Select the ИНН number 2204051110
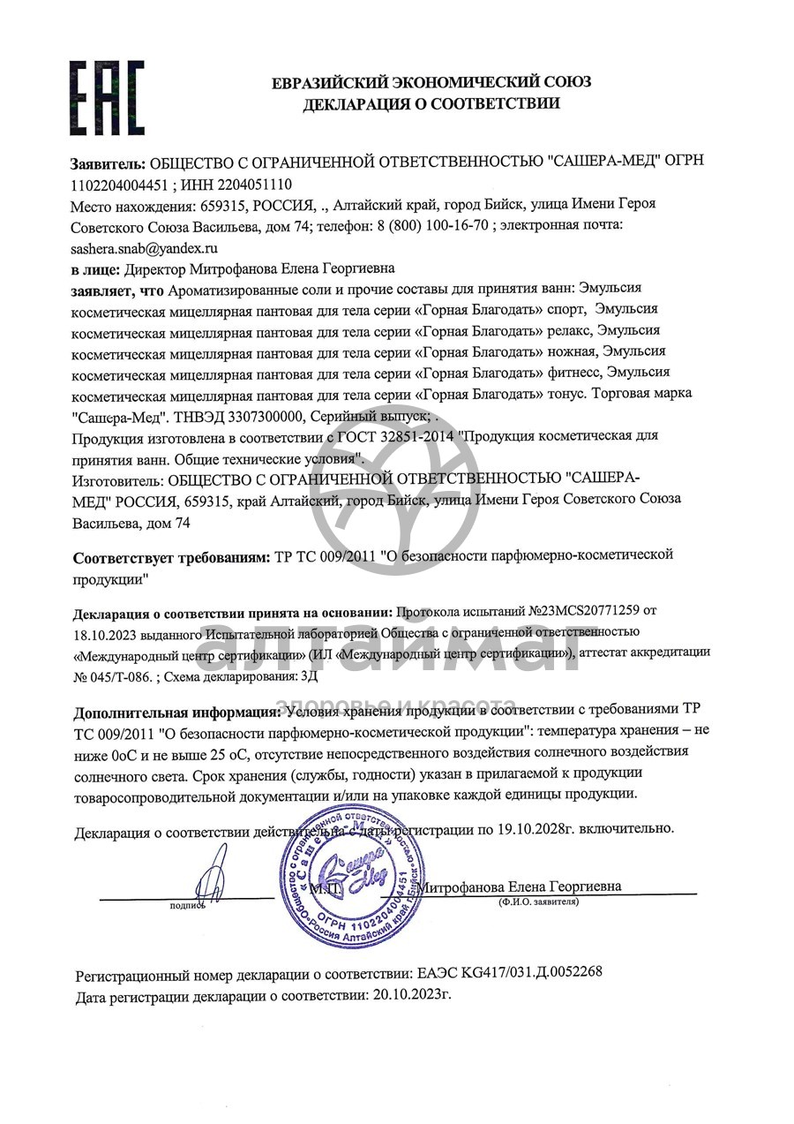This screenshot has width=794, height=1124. coord(256,184)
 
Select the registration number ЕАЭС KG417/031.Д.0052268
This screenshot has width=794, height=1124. coord(509,973)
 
